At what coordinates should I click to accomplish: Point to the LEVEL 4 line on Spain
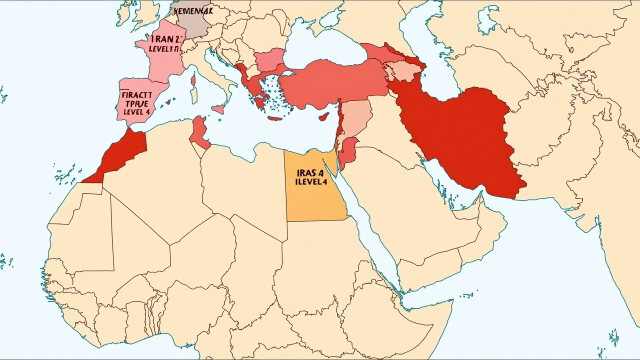(x=135, y=111)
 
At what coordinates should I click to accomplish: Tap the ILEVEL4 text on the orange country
(x=310, y=182)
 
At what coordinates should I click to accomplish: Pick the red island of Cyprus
(x=324, y=117)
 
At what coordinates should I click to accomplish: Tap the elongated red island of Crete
(x=275, y=118)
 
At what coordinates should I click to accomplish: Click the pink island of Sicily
(x=218, y=108)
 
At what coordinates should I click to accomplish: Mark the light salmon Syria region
(x=356, y=118)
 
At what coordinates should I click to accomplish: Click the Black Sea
(x=320, y=47)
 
